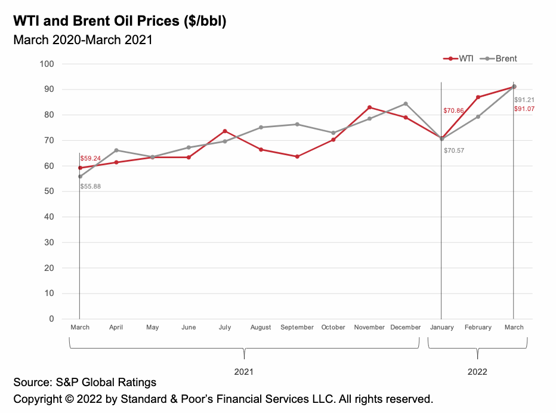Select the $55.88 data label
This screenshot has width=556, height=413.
pyautogui.click(x=90, y=187)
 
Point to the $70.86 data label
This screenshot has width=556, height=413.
pyautogui.click(x=453, y=111)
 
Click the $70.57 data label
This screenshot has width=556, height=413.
pyautogui.click(x=453, y=150)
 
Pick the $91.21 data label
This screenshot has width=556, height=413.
pyautogui.click(x=525, y=100)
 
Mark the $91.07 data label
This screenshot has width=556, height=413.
pyautogui.click(x=525, y=109)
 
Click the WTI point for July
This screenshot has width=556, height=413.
pyautogui.click(x=225, y=131)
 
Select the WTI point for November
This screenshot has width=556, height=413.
pyautogui.click(x=369, y=107)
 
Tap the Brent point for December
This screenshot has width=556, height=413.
pyautogui.click(x=406, y=104)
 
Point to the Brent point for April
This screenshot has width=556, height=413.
pyautogui.click(x=116, y=150)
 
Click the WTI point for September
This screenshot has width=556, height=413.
pyautogui.click(x=297, y=156)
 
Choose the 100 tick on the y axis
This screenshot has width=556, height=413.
pyautogui.click(x=47, y=64)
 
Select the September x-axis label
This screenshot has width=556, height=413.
pyautogui.click(x=297, y=327)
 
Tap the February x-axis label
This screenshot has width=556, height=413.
pyautogui.click(x=478, y=327)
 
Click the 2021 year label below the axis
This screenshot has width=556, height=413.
pyautogui.click(x=243, y=371)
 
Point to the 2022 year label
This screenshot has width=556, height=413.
pyautogui.click(x=477, y=371)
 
